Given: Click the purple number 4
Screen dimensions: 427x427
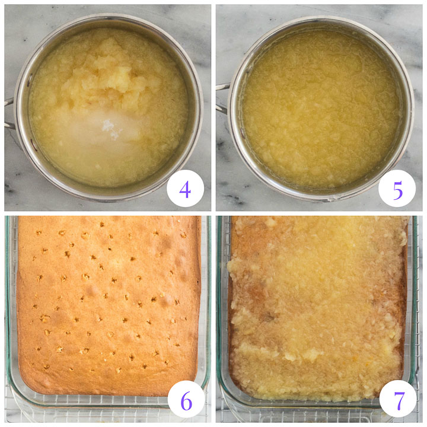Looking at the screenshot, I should click(x=185, y=189).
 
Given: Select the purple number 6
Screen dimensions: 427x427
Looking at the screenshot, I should click(x=186, y=401).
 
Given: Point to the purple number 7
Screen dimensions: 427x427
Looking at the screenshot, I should click(x=398, y=401).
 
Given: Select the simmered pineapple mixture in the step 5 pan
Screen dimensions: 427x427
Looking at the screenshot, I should click(x=320, y=107).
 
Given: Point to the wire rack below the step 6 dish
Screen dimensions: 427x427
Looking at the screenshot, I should click(x=89, y=415).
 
